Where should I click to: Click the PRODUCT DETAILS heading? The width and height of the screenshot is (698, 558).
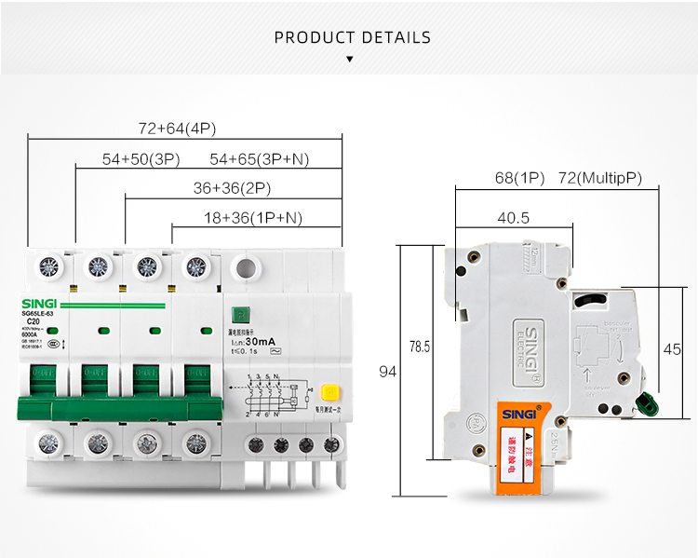pos(353,38)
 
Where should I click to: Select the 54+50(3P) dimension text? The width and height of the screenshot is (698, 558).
pos(141,159)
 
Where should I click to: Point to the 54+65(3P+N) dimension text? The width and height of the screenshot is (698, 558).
pos(259,159)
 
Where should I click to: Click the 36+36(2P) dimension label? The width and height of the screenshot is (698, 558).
pos(232,188)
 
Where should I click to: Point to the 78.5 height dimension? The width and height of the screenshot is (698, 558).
pos(420,347)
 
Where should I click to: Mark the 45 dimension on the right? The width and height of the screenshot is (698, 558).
pos(671,350)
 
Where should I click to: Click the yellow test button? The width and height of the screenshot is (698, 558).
pos(328,393)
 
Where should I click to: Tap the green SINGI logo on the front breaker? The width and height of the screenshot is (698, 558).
pos(39,304)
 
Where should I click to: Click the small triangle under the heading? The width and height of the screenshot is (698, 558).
pos(349,59)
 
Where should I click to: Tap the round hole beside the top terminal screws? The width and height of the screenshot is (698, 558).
pos(245,268)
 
